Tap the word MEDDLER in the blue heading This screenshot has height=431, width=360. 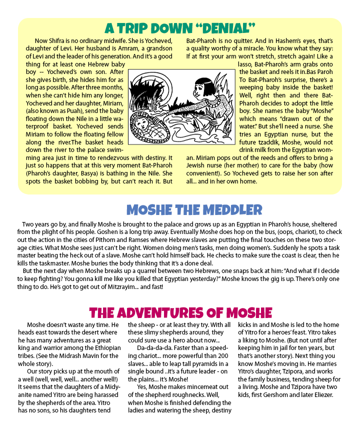(x=224, y=209)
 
